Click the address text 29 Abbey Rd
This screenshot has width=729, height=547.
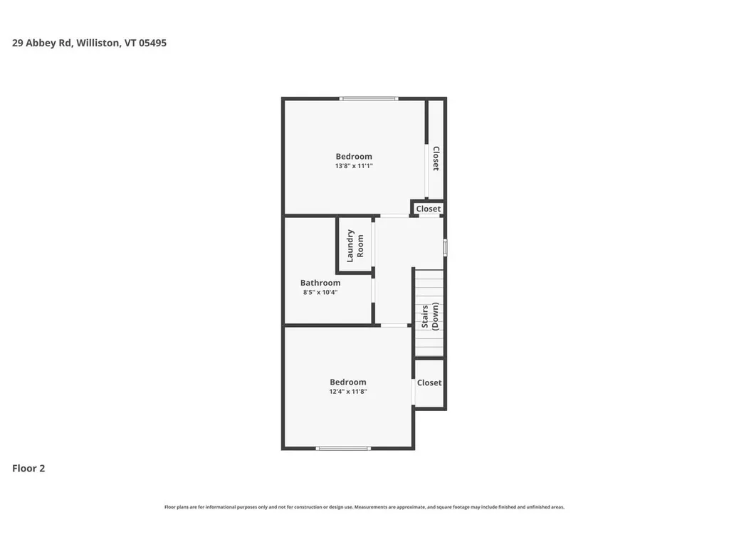point(42,43)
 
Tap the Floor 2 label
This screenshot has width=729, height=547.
point(28,469)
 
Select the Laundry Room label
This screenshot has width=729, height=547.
point(355,245)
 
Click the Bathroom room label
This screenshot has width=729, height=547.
point(320,283)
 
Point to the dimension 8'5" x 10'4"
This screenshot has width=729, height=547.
point(320,292)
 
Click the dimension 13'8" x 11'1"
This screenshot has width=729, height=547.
point(354,166)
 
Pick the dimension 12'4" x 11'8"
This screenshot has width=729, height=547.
point(347,392)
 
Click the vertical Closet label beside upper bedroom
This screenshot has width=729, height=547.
point(436,159)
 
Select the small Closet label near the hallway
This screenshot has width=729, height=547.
point(429,209)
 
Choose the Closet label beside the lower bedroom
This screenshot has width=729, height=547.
point(429,382)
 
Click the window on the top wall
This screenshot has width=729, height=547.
point(368,98)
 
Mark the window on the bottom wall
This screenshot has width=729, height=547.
point(343,448)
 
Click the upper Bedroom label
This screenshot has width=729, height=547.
point(354,157)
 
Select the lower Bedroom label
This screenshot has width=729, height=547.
point(347,382)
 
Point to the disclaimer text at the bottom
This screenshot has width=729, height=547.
point(364,507)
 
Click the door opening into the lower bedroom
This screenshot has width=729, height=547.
point(394,325)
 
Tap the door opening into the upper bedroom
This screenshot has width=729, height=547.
point(394,215)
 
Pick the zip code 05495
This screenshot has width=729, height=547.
point(152,43)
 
